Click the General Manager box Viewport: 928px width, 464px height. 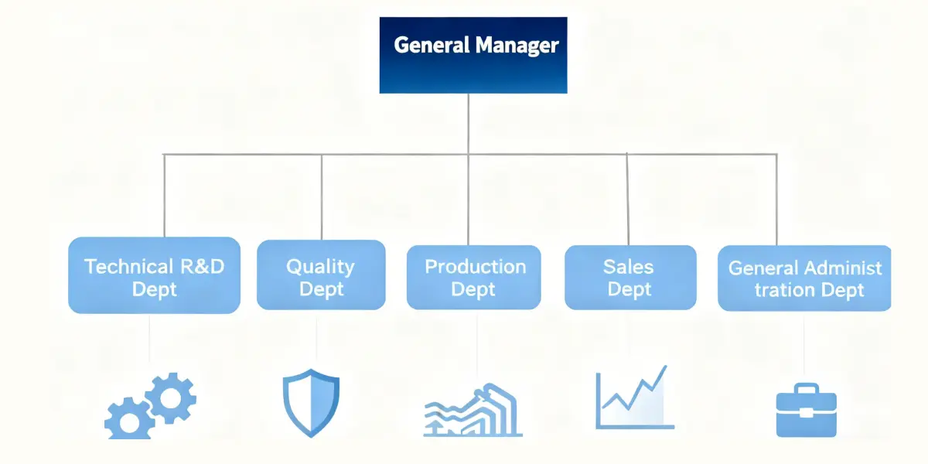pyautogui.click(x=473, y=55)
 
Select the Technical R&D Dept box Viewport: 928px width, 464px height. pyautogui.click(x=154, y=275)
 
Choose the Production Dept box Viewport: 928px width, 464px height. pyautogui.click(x=474, y=276)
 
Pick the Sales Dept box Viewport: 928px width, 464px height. pyautogui.click(x=629, y=276)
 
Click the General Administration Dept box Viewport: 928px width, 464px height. pyautogui.click(x=804, y=278)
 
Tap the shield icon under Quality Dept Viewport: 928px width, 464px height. pyautogui.click(x=311, y=402)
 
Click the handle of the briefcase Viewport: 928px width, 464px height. pyautogui.click(x=806, y=389)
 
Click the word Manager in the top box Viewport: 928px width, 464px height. pyautogui.click(x=517, y=45)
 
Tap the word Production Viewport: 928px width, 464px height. pyautogui.click(x=475, y=267)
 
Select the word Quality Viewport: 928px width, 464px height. pyautogui.click(x=320, y=267)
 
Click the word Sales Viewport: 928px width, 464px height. pyautogui.click(x=628, y=267)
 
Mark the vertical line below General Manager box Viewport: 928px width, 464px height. pyautogui.click(x=469, y=124)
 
